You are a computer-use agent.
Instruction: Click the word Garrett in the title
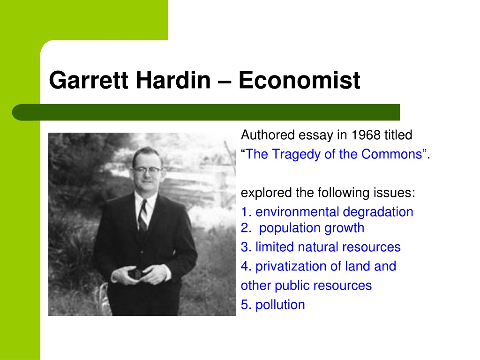(x=89, y=80)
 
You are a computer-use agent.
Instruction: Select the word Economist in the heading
(x=299, y=80)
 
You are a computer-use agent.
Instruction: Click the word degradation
(x=378, y=212)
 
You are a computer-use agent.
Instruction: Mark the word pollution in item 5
(x=280, y=305)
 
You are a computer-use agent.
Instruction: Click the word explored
(x=266, y=193)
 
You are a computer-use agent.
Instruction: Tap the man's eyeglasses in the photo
(x=146, y=170)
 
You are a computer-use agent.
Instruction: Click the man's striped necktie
(x=142, y=216)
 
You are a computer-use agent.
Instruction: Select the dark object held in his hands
(x=135, y=273)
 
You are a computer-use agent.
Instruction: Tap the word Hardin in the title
(x=173, y=80)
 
